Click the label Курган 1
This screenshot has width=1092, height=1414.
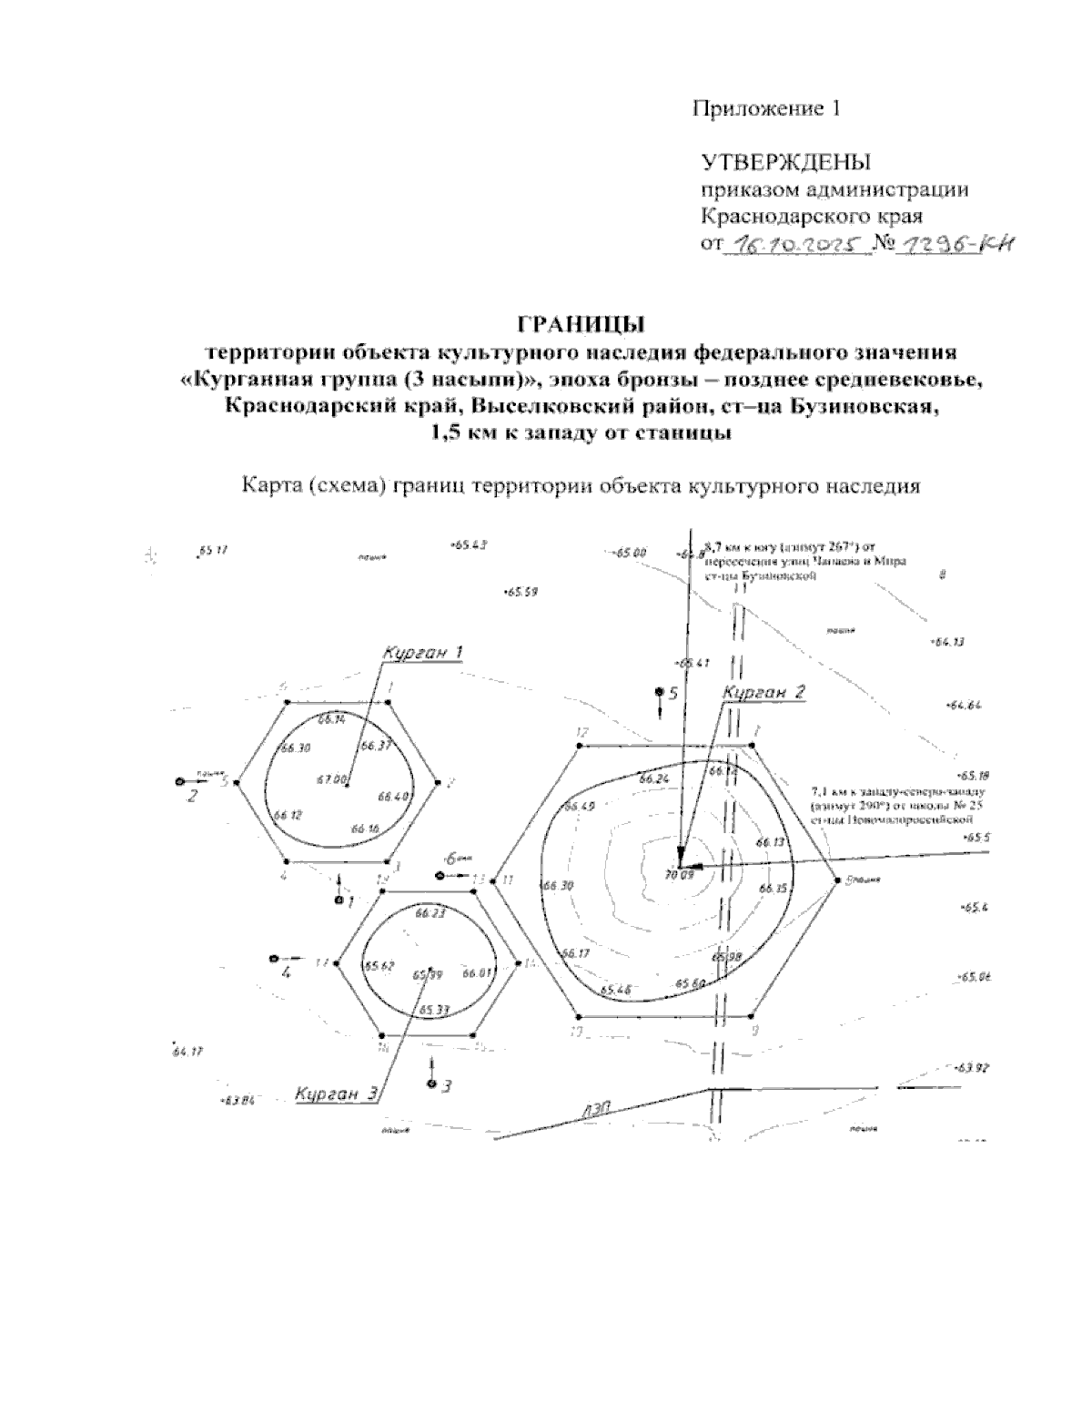(x=423, y=653)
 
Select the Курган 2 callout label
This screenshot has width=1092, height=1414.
(x=763, y=693)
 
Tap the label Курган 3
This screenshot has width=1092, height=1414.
(x=336, y=1094)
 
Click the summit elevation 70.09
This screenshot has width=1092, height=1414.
(x=680, y=875)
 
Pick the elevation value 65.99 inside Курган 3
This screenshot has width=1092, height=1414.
(x=427, y=975)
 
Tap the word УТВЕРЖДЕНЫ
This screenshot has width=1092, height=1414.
(x=785, y=163)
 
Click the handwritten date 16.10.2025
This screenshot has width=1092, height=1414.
(x=792, y=245)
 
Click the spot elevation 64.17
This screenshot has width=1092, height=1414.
(x=187, y=1052)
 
